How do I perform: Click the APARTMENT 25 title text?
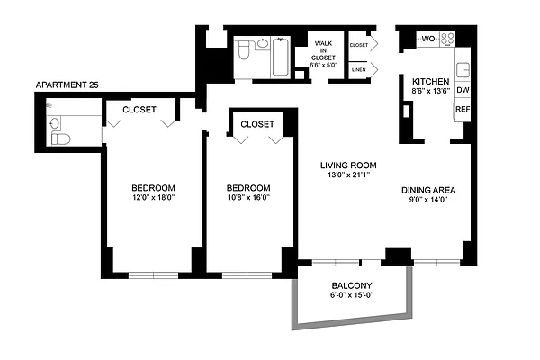[66, 85]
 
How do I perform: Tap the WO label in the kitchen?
[428, 39]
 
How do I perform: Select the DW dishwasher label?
[463, 91]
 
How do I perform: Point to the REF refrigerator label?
[463, 110]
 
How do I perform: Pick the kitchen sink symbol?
[463, 68]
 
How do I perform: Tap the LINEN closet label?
[358, 69]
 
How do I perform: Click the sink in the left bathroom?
[53, 123]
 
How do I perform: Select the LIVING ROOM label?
[348, 166]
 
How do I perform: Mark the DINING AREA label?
[428, 190]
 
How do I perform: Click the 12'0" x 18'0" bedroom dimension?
[149, 198]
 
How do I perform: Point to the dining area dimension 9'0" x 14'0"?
[428, 200]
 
